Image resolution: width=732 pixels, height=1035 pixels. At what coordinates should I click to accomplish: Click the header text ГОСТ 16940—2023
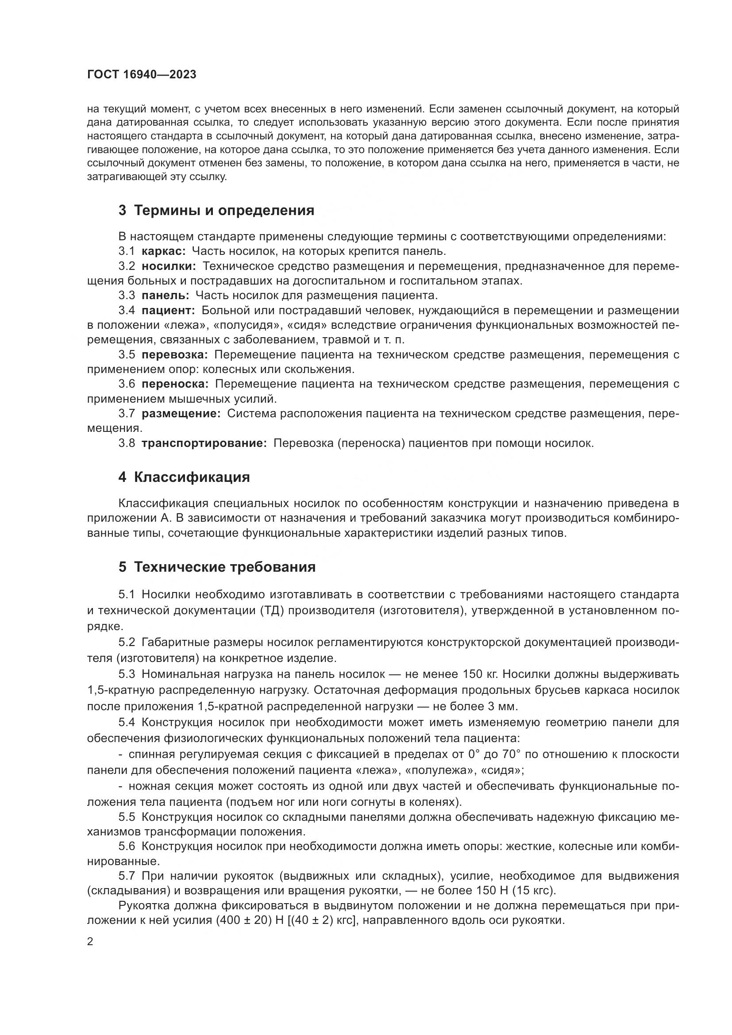[142, 75]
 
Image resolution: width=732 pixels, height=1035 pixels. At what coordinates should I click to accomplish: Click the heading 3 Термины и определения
[216, 211]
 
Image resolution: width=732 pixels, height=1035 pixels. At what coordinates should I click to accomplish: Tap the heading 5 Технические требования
[217, 567]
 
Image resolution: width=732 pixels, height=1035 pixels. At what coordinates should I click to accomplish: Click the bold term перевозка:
[175, 355]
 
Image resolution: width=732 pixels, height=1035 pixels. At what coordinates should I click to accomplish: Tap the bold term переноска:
[175, 384]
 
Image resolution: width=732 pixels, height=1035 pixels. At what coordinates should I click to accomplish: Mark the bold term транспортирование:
[204, 443]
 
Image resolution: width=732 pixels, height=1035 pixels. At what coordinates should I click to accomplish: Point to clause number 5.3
[127, 674]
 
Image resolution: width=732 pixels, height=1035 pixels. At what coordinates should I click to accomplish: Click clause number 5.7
[127, 876]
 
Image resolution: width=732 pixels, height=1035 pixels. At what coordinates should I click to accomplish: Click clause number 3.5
[127, 355]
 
